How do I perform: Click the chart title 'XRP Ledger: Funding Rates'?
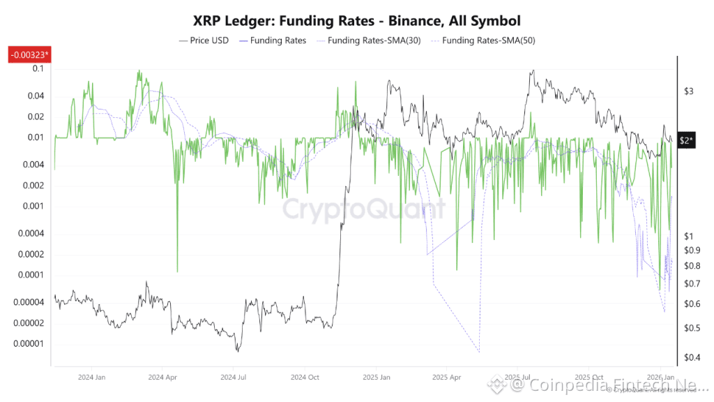click(356, 21)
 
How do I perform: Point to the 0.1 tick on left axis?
click(37, 68)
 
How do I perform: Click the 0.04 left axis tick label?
click(35, 96)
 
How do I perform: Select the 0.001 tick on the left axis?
click(33, 206)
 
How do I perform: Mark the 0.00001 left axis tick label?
click(29, 343)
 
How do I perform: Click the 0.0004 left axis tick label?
click(31, 233)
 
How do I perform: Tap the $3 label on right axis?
click(688, 91)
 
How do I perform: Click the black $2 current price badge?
click(687, 141)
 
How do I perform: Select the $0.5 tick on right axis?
click(691, 328)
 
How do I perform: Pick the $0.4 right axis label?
click(691, 358)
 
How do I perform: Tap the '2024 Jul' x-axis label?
click(233, 378)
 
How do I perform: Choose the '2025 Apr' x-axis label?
click(448, 378)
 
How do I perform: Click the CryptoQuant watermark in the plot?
click(363, 209)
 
